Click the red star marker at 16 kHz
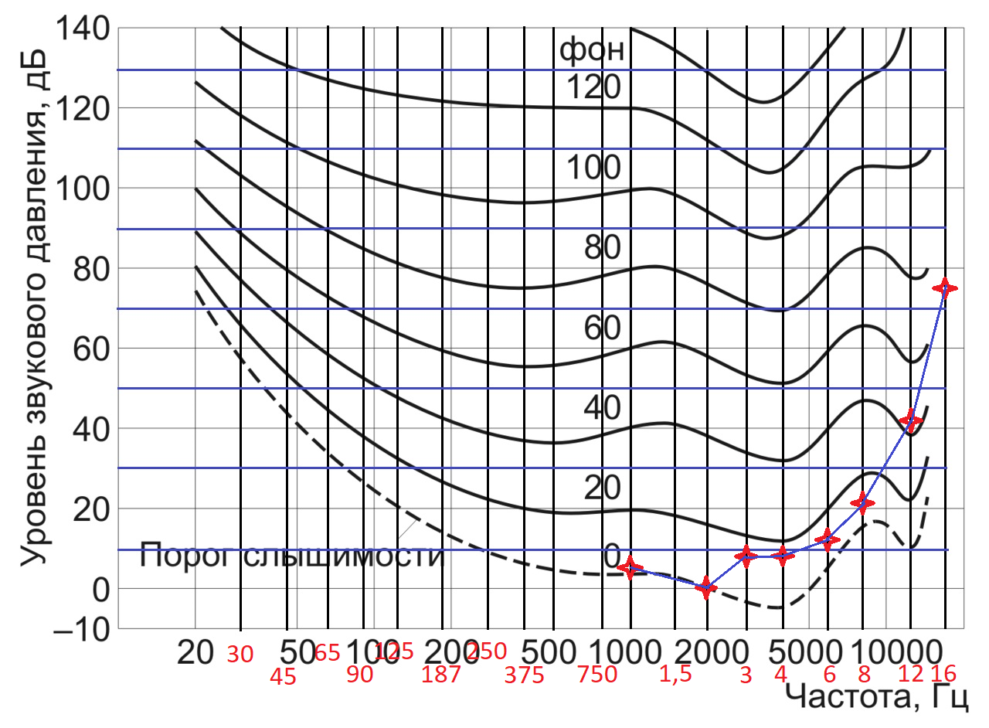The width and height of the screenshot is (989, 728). (944, 288)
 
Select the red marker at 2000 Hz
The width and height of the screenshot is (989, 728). (705, 588)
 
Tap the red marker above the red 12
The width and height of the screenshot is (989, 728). (911, 421)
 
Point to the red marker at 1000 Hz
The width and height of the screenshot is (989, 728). (631, 568)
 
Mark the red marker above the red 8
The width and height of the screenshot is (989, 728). (862, 504)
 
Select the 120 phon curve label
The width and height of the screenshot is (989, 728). (593, 89)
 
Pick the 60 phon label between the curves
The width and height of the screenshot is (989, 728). (593, 328)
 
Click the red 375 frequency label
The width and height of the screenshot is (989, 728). (524, 675)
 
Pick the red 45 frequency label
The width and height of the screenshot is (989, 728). (284, 676)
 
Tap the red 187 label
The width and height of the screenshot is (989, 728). (441, 675)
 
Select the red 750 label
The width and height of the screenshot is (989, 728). (597, 675)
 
